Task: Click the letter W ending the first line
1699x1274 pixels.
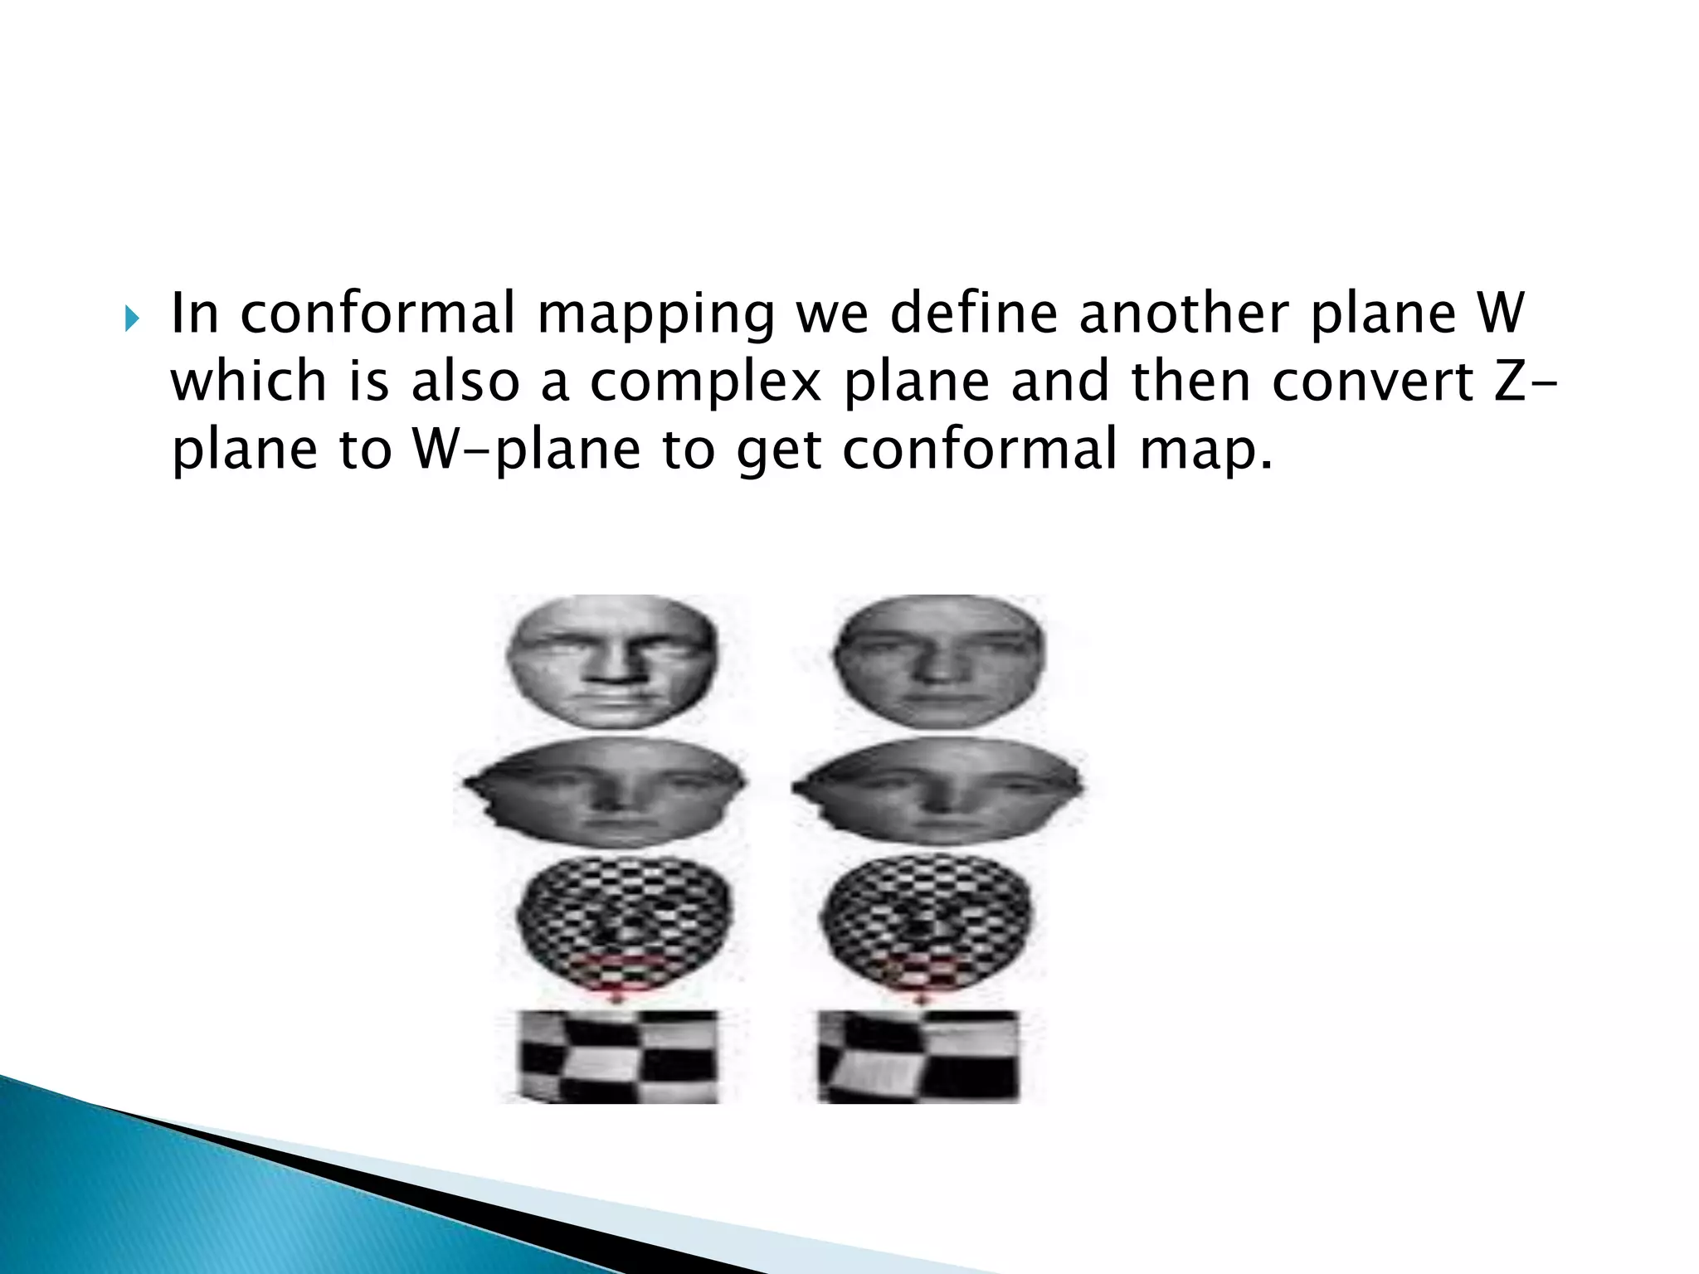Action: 1501,314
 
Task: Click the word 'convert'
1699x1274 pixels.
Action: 1373,382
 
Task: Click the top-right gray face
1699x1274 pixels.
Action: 939,662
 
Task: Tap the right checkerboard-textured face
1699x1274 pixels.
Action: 927,925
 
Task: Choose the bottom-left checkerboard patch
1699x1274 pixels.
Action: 618,1055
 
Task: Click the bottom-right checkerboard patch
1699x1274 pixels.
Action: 919,1055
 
